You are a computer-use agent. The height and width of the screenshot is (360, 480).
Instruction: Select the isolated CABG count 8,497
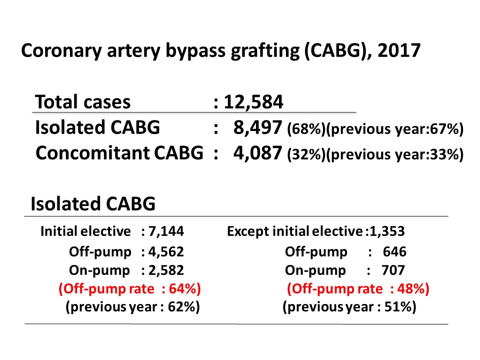[x=258, y=128]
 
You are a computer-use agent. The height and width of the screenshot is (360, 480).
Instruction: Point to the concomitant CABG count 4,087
[x=258, y=153]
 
